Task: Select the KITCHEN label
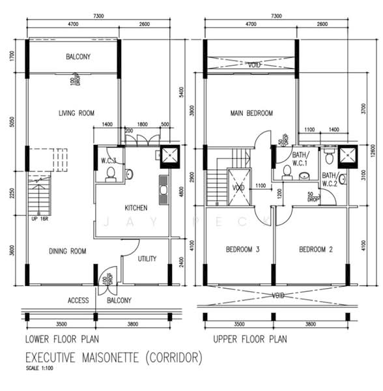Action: pyautogui.click(x=136, y=208)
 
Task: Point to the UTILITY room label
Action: pyautogui.click(x=147, y=259)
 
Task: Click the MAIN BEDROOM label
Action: pyautogui.click(x=251, y=113)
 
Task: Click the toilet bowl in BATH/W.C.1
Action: pyautogui.click(x=287, y=172)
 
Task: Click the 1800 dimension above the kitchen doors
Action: pyautogui.click(x=143, y=124)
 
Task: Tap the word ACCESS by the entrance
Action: pyautogui.click(x=79, y=300)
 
